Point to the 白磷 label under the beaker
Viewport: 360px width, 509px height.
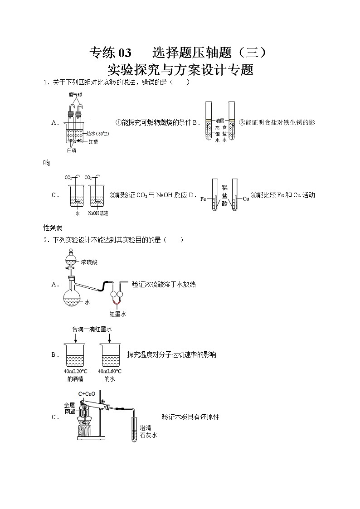point(72,150)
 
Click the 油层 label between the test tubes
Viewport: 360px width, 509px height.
point(220,121)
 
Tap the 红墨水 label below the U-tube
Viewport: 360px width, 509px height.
point(117,314)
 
